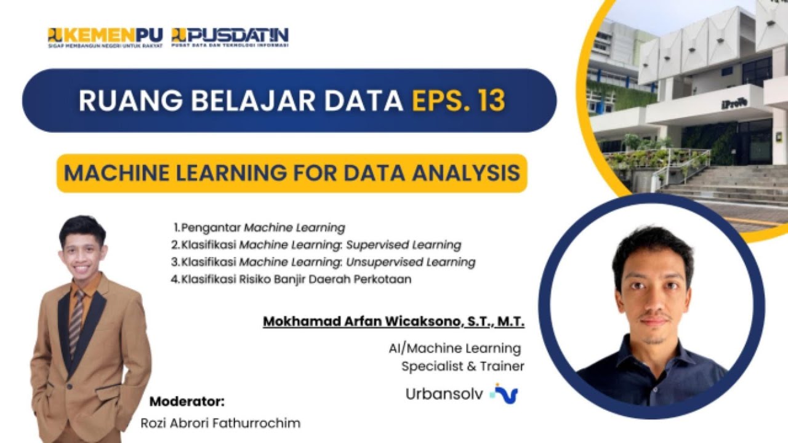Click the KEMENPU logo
(105, 38)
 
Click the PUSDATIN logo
(230, 38)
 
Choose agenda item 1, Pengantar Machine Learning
(259, 228)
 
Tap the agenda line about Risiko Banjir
(292, 279)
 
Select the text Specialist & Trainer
(462, 367)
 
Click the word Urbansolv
(444, 394)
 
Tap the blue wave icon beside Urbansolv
(505, 393)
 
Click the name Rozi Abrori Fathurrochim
(220, 423)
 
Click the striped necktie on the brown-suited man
(76, 320)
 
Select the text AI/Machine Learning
(455, 349)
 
